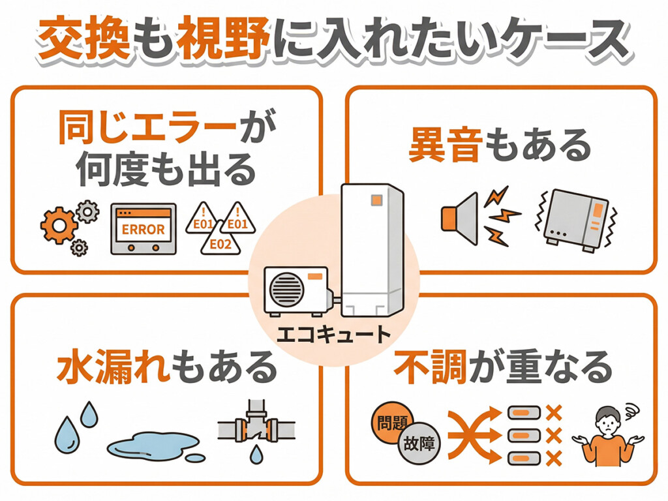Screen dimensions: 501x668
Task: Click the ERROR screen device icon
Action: (x=143, y=228)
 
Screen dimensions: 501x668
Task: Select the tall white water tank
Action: (x=372, y=248)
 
